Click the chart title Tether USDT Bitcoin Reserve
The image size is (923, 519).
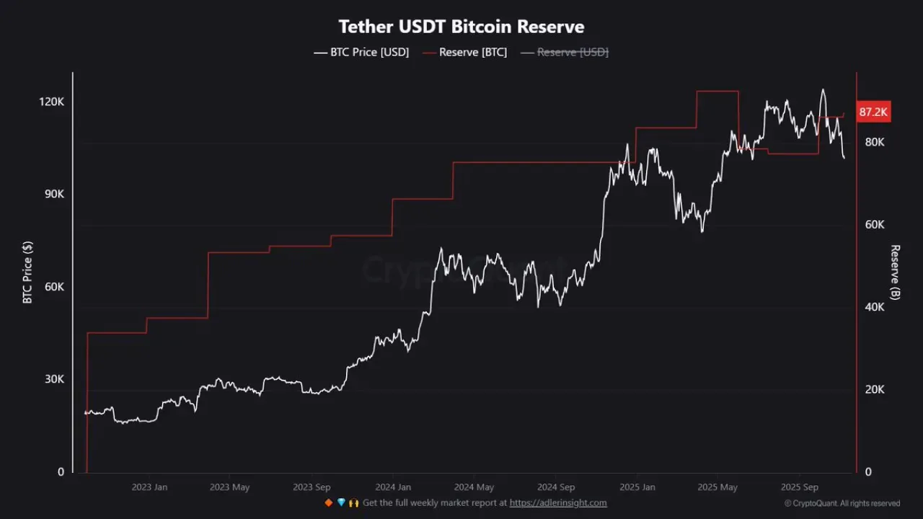tap(461, 27)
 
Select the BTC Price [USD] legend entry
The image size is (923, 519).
tap(361, 53)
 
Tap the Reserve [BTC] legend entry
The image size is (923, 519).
tap(465, 53)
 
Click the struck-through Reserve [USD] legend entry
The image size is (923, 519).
tap(565, 53)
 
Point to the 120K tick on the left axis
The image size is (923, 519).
tap(51, 102)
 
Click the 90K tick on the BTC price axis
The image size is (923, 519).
tap(54, 194)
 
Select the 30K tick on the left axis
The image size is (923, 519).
tap(54, 379)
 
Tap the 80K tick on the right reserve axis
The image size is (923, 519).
tap(875, 142)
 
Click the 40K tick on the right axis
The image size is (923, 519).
tap(875, 307)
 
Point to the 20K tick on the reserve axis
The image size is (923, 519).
tap(875, 389)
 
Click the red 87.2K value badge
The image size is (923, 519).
tap(873, 112)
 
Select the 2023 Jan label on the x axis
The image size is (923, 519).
tap(149, 487)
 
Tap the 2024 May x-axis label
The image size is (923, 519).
tap(474, 487)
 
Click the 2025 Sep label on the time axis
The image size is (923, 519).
tap(800, 487)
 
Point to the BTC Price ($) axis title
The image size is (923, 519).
tap(27, 272)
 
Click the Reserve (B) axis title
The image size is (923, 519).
tap(896, 272)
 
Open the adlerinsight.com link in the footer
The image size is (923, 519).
tap(558, 503)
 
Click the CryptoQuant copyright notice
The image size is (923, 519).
tap(842, 503)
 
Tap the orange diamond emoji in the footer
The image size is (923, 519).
tap(328, 503)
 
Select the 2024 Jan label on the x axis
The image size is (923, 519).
tap(393, 487)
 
